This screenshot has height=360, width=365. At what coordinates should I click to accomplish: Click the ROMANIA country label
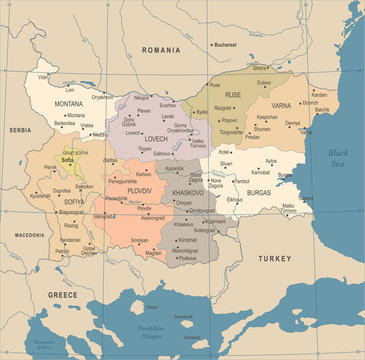point(161,49)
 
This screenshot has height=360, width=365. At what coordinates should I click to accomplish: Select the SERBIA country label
point(21,130)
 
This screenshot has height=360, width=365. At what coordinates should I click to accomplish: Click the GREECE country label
point(64,295)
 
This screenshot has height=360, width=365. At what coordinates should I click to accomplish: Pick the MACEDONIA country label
point(29,235)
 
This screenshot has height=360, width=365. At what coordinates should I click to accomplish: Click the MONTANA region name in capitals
point(69,104)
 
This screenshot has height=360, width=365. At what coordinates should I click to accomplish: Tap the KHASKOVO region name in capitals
point(187,191)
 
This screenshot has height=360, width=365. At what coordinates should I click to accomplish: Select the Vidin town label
point(44,76)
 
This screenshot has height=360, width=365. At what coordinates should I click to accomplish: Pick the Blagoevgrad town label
point(71,212)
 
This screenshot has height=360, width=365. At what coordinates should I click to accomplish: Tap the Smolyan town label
point(139,240)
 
